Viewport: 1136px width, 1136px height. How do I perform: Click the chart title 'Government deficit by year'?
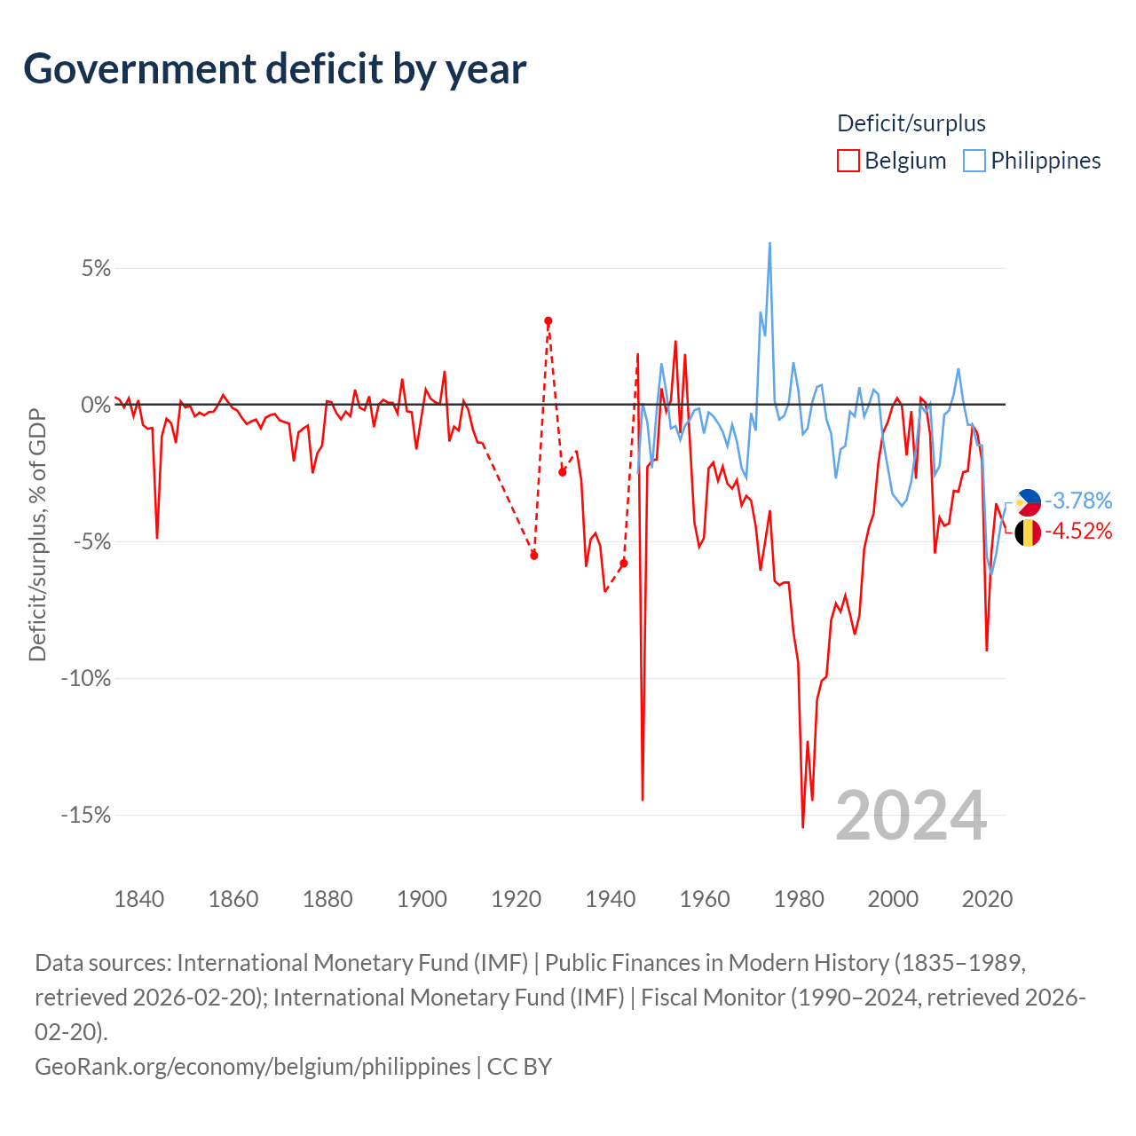pyautogui.click(x=274, y=69)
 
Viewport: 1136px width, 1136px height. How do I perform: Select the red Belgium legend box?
pyautogui.click(x=848, y=161)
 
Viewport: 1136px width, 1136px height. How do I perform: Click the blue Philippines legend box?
pyautogui.click(x=974, y=161)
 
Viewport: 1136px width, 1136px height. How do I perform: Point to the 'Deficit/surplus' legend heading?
pyautogui.click(x=911, y=123)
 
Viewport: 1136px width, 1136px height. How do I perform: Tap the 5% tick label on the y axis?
pyautogui.click(x=96, y=268)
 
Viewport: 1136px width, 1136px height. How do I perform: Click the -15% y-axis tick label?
pyautogui.click(x=86, y=815)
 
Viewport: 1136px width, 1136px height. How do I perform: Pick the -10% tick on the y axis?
pyautogui.click(x=86, y=678)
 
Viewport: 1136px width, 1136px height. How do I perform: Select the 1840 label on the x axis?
pyautogui.click(x=138, y=899)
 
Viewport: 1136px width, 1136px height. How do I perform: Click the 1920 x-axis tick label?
pyautogui.click(x=516, y=899)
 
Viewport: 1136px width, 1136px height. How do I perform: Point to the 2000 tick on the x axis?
pyautogui.click(x=893, y=899)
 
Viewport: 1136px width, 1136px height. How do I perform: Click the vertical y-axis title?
pyautogui.click(x=37, y=534)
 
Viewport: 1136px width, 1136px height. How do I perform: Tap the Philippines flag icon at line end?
pyautogui.click(x=1028, y=502)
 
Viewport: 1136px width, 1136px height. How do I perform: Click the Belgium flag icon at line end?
pyautogui.click(x=1028, y=532)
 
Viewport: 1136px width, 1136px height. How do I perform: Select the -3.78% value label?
pyautogui.click(x=1078, y=501)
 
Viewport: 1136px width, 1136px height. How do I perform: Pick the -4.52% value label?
pyautogui.click(x=1078, y=531)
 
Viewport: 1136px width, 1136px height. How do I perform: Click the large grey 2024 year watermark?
pyautogui.click(x=911, y=816)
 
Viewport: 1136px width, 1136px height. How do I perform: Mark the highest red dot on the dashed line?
pyautogui.click(x=548, y=321)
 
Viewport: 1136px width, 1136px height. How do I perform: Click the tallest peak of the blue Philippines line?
pyautogui.click(x=769, y=243)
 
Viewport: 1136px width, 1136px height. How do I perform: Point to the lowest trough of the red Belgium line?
pyautogui.click(x=802, y=827)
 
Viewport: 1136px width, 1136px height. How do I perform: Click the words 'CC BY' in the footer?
pyautogui.click(x=519, y=1067)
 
